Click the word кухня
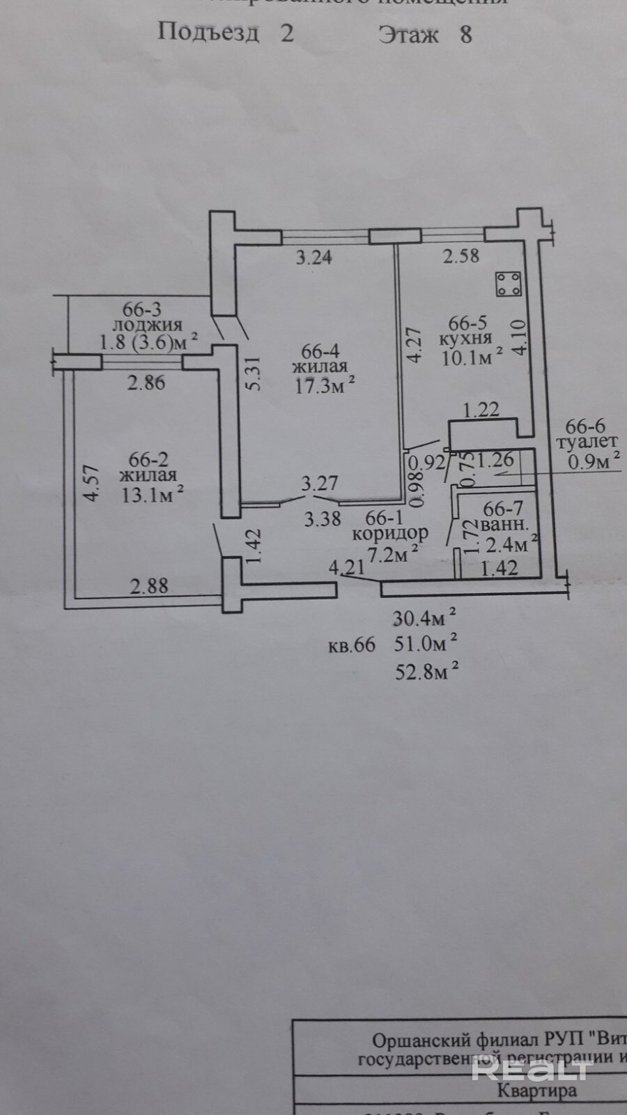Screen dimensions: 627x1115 466,339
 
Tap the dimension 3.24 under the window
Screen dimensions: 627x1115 314,258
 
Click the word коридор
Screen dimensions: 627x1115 390,534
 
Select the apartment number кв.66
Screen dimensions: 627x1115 352,645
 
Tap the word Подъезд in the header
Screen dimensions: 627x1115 209,32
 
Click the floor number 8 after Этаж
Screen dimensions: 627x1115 465,35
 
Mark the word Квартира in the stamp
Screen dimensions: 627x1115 537,1090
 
